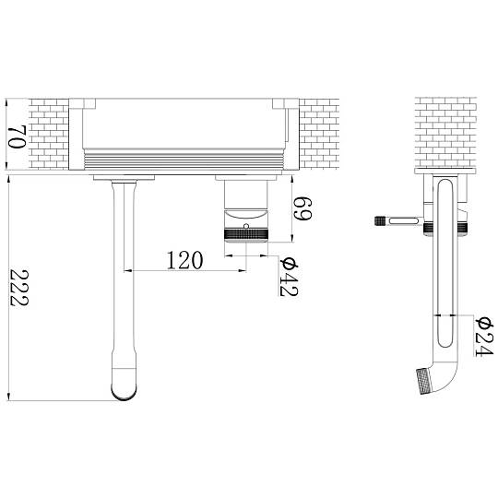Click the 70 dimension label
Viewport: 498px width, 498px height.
coord(17,136)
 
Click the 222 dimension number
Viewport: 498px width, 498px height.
coord(19,288)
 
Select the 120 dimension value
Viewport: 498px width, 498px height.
coord(184,260)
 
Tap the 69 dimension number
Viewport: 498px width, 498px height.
coord(302,208)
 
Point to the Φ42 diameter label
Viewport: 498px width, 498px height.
coord(289,276)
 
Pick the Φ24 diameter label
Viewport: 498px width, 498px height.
coord(485,337)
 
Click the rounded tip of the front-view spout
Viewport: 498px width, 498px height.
coord(125,392)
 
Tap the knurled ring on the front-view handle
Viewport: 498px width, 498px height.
coord(246,233)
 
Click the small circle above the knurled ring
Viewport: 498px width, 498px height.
coord(246,226)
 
